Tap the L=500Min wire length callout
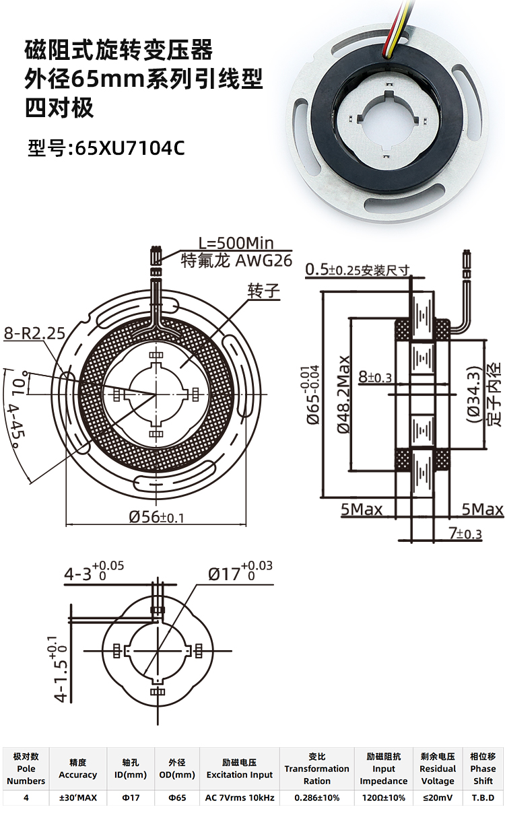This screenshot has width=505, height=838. (236, 244)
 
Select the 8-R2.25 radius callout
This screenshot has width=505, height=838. (34, 333)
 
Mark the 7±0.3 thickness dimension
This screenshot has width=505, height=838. (465, 534)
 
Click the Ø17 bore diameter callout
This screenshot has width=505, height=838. (239, 573)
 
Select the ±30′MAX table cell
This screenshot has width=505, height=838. (78, 798)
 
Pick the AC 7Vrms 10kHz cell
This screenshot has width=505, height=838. (240, 798)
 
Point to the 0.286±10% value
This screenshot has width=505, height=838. (316, 798)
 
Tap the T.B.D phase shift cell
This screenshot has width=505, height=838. (483, 798)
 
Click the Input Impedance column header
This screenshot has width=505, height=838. (384, 769)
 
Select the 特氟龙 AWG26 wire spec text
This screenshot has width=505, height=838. (236, 260)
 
